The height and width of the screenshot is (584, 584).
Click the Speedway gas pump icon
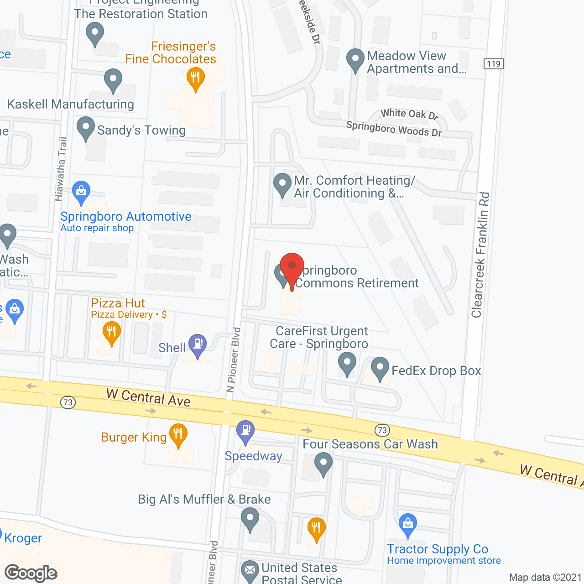pos(245,431)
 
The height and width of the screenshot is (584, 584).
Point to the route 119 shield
pos(494,64)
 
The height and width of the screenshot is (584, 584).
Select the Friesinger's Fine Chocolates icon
pos(196,78)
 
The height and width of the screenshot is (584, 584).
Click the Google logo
pos(31,573)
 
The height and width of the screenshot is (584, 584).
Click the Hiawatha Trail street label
pos(61,169)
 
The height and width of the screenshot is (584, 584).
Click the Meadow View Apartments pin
pos(355,59)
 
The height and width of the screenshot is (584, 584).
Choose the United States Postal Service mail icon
pos(250,570)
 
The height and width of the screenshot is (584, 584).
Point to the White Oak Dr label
pos(409,114)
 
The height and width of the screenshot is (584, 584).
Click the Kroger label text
pos(23,538)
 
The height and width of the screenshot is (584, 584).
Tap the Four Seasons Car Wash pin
pos(323,463)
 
